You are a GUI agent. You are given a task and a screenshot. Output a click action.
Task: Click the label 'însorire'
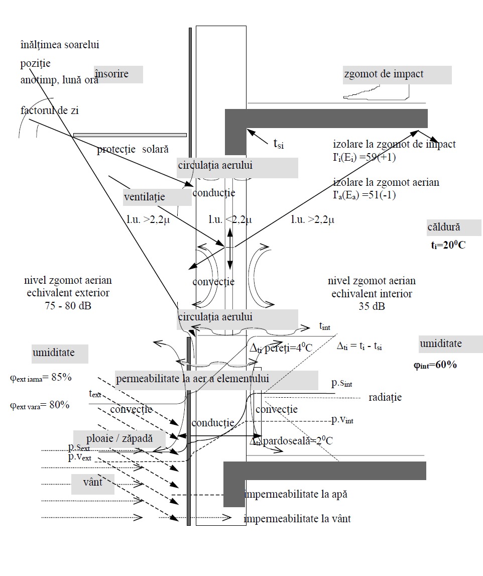click(111, 74)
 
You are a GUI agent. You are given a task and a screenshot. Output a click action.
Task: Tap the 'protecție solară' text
click(133, 149)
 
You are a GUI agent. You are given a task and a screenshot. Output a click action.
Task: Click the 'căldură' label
click(443, 227)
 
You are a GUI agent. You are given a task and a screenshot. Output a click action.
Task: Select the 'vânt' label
click(93, 482)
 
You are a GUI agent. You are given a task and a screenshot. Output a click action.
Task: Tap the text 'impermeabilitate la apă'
click(296, 494)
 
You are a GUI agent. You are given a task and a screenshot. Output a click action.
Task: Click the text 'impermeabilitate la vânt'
click(297, 519)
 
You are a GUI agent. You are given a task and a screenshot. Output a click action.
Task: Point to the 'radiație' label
click(385, 397)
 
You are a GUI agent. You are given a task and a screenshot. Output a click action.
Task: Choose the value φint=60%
click(435, 365)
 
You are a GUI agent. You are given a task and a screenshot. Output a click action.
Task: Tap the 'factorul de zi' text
click(50, 110)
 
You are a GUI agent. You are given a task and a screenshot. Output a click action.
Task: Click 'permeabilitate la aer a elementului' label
click(192, 379)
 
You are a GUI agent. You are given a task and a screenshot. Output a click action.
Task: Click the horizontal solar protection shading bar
click(130, 135)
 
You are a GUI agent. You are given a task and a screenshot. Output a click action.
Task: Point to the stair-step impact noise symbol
click(382, 90)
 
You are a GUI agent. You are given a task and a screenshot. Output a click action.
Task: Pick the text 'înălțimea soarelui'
click(60, 45)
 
